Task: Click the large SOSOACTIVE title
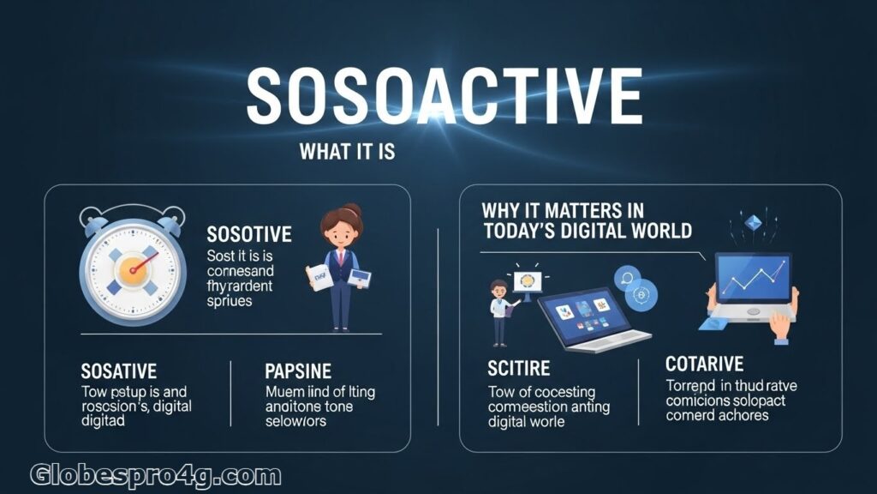point(444,96)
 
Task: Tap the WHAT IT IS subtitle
point(347,152)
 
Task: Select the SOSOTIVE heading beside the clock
point(249,234)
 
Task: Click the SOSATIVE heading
point(118,371)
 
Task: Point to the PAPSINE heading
point(298,371)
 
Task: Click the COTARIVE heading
point(704,364)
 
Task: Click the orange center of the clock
point(132,268)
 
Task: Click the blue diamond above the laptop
point(755,221)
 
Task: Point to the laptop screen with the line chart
point(754,280)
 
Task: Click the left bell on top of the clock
point(96,217)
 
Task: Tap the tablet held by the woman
point(361,278)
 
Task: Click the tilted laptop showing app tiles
point(590,316)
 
